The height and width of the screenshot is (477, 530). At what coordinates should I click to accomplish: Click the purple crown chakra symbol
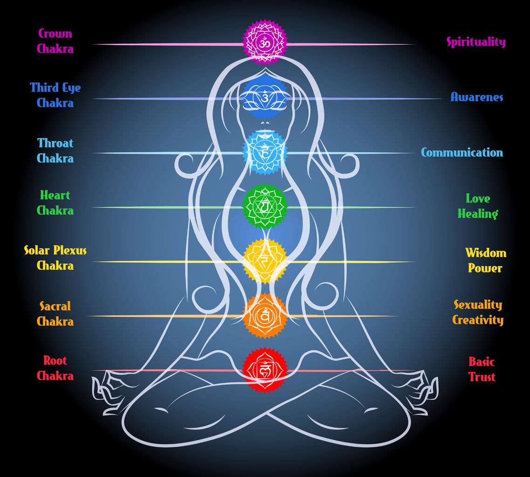pyautogui.click(x=265, y=42)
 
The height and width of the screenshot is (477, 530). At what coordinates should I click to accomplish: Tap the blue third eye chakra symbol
pyautogui.click(x=265, y=98)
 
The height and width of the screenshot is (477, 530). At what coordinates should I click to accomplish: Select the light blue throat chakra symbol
pyautogui.click(x=265, y=153)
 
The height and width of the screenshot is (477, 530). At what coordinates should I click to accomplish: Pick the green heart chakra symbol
pyautogui.click(x=265, y=206)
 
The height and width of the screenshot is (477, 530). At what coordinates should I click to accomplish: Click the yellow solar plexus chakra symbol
pyautogui.click(x=265, y=261)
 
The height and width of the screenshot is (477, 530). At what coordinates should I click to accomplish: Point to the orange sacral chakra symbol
pyautogui.click(x=265, y=316)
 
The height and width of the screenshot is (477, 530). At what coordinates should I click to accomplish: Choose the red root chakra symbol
pyautogui.click(x=265, y=370)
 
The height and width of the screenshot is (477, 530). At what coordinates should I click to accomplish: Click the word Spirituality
pyautogui.click(x=476, y=42)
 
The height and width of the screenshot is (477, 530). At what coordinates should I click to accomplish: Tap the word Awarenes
pyautogui.click(x=476, y=97)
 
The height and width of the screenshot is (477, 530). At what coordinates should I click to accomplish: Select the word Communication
pyautogui.click(x=462, y=152)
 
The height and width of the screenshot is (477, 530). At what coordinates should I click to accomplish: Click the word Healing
pyautogui.click(x=478, y=214)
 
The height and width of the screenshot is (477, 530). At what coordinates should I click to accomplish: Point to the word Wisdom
pyautogui.click(x=486, y=253)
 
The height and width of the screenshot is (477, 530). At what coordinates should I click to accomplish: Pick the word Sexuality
pyautogui.click(x=478, y=305)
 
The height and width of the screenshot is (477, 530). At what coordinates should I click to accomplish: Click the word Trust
pyautogui.click(x=482, y=376)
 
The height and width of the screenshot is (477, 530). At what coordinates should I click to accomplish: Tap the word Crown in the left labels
pyautogui.click(x=55, y=33)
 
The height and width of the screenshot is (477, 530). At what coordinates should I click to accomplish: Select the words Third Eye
pyautogui.click(x=55, y=88)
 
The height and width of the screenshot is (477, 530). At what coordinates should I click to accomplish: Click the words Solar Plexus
pyautogui.click(x=55, y=250)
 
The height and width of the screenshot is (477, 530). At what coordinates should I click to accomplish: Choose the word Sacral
pyautogui.click(x=55, y=306)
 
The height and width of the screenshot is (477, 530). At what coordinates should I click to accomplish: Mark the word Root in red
pyautogui.click(x=55, y=361)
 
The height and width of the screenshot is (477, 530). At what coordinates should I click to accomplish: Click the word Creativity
pyautogui.click(x=478, y=320)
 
